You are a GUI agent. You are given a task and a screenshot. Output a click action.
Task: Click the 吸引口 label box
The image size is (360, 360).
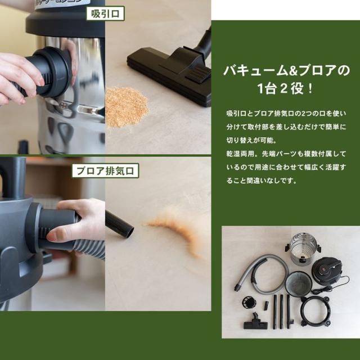click(x=105, y=13)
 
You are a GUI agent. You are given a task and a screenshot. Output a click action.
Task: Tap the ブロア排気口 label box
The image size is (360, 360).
click(x=105, y=171)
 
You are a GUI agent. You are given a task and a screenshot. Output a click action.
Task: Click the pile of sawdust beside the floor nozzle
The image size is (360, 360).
click(x=126, y=107)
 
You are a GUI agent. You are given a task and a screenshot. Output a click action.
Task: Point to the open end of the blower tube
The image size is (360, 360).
click(x=130, y=232)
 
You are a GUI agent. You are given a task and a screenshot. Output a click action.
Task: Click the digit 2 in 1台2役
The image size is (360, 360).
click(x=283, y=89)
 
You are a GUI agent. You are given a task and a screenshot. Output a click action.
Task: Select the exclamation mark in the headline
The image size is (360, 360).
click(x=310, y=89)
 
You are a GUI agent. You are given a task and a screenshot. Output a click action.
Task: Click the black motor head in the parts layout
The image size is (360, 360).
click(x=327, y=271)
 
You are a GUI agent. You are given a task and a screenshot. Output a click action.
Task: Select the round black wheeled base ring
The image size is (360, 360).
click(x=316, y=311)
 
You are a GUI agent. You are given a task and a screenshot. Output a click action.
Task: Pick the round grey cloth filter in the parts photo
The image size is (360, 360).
click(x=299, y=283)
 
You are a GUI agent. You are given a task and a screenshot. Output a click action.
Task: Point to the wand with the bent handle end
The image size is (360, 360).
click(x=289, y=312)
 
